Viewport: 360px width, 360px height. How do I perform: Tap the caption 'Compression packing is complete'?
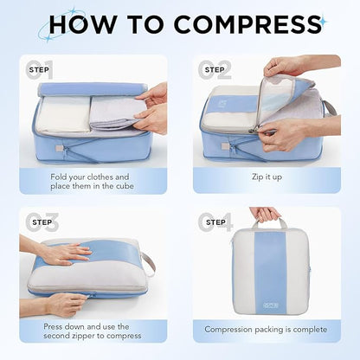tap(266, 329)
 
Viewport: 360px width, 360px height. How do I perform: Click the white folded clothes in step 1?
tap(61, 113)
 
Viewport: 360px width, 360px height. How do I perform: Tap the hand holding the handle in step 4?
tap(265, 213)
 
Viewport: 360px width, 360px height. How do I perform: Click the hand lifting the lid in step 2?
tap(286, 67)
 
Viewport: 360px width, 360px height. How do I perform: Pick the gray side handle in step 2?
tap(329, 108)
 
